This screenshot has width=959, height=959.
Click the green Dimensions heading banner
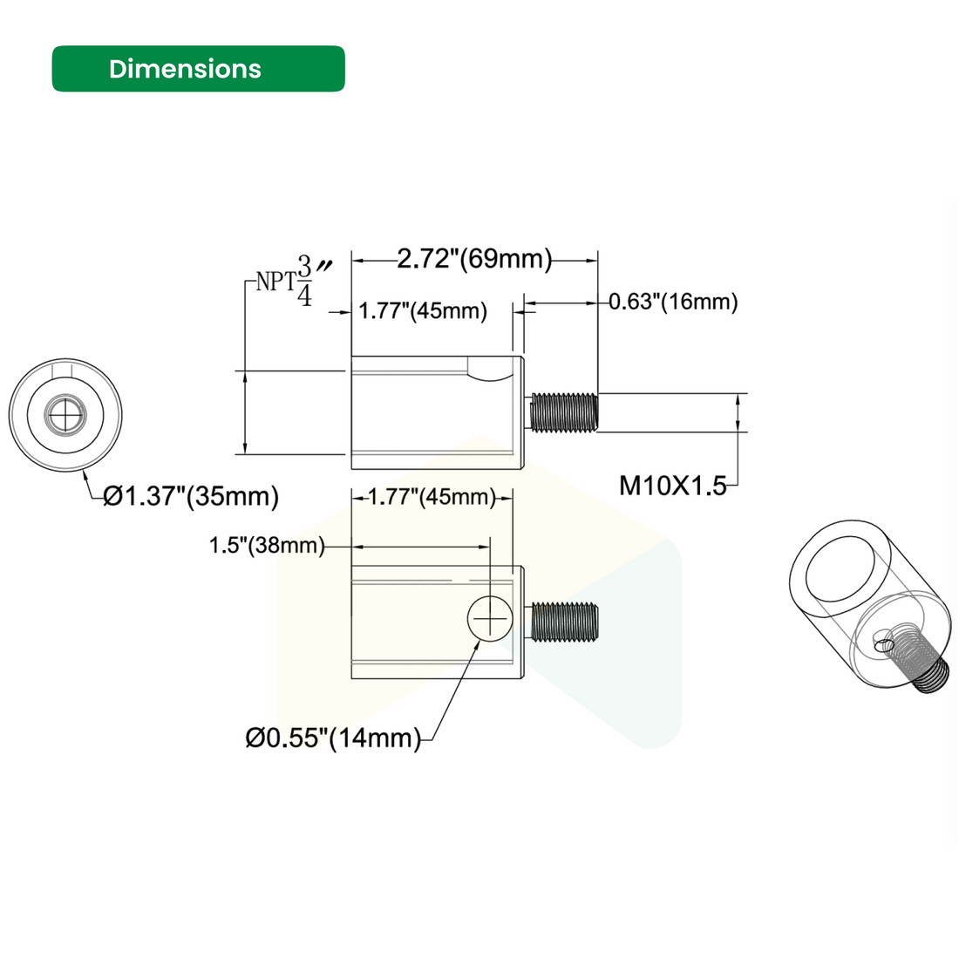coord(198,69)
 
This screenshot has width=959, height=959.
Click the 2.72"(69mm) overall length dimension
coord(475,259)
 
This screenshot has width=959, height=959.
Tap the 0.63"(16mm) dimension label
coord(673,303)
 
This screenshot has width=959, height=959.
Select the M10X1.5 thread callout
coord(672,486)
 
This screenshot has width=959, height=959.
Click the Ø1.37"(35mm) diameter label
coord(191,497)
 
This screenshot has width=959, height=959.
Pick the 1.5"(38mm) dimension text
coord(266,547)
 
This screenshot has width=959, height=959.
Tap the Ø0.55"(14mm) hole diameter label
coord(332,738)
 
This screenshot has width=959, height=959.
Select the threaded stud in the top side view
coord(565,411)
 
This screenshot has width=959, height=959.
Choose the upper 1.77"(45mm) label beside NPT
coord(423,311)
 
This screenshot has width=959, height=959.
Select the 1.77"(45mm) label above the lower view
coord(431,498)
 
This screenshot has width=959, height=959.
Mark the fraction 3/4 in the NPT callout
coord(304,280)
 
